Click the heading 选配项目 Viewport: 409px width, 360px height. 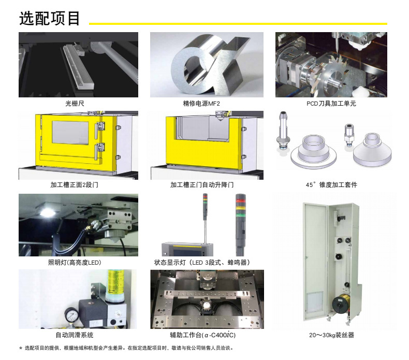tap(49, 18)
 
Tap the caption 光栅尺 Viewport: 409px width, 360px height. tap(75, 104)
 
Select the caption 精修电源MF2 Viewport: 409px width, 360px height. tap(201, 104)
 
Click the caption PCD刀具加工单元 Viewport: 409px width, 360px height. tap(331, 104)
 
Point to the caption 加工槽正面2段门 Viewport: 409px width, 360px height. tap(75, 185)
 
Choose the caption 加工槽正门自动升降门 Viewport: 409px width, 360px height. tap(202, 185)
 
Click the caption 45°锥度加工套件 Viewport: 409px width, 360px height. tap(331, 185)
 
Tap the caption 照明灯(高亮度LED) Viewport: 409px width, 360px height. tap(75, 263)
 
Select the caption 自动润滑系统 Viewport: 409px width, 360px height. tap(75, 335)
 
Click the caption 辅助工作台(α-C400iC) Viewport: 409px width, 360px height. tap(202, 335)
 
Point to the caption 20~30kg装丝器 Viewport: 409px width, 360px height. tap(331, 335)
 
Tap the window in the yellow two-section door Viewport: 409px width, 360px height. tap(70, 133)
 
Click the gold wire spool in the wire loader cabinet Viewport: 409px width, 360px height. tap(340, 304)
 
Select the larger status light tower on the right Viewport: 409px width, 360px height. tap(240, 225)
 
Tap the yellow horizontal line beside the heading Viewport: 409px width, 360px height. tap(238, 24)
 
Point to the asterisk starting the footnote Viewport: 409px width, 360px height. tap(21, 348)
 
